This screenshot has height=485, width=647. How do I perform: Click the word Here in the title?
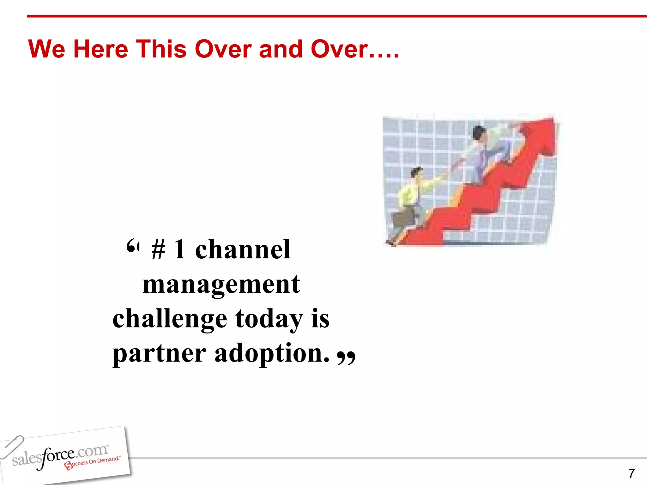tap(100, 49)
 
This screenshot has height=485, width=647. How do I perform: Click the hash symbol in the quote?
tap(158, 250)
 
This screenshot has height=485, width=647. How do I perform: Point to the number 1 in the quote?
tap(179, 249)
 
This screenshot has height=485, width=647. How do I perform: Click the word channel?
tap(243, 249)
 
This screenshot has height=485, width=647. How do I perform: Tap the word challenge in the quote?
tap(170, 319)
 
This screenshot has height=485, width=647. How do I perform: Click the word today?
tap(269, 319)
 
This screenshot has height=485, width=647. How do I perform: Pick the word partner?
tap(159, 354)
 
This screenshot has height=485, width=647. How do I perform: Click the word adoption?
tap(272, 354)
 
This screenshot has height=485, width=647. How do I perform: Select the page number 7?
tap(631, 474)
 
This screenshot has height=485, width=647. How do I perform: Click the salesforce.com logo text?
tap(60, 455)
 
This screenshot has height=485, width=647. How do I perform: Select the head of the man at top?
tap(479, 132)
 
